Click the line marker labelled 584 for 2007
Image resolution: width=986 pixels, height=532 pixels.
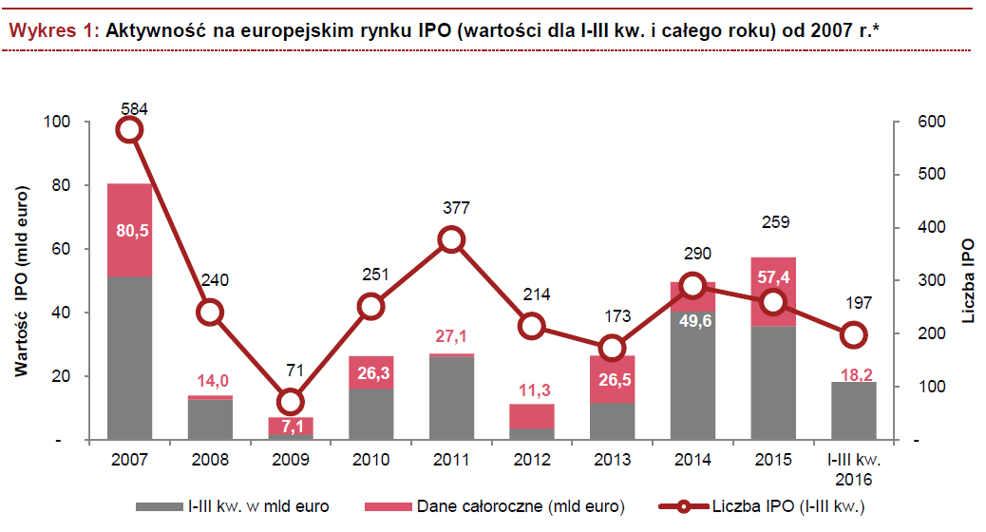[x=130, y=129]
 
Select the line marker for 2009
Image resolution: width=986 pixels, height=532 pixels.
[x=292, y=401]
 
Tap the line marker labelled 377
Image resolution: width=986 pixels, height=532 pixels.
[x=452, y=239]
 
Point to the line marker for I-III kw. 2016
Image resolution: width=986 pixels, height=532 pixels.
[x=854, y=334]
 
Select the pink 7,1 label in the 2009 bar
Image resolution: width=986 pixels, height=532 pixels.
[x=292, y=426]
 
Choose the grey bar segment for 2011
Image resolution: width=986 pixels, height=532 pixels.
[x=452, y=399]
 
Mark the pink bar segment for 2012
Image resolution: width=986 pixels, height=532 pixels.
[x=533, y=416]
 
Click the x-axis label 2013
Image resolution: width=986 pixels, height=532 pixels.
[x=614, y=459]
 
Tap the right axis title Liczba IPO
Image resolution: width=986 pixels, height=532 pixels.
[x=968, y=281]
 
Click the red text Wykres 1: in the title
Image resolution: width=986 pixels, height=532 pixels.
[x=52, y=30]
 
